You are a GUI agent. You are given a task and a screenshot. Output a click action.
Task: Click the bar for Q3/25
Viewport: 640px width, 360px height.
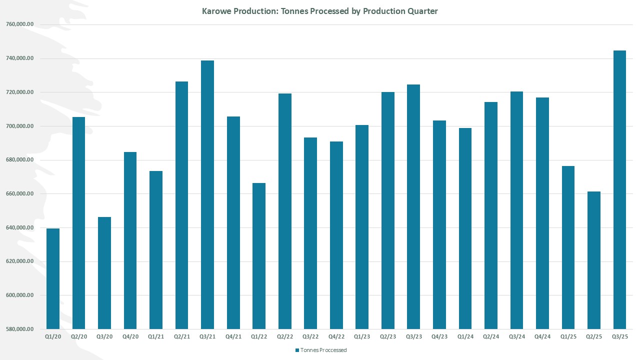(x=619, y=190)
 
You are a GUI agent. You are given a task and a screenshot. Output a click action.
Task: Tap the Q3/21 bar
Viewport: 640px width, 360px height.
(x=207, y=195)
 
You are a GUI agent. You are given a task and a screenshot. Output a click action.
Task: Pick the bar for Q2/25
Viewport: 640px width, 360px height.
(x=594, y=260)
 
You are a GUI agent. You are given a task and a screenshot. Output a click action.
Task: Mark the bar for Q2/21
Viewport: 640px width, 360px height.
(x=181, y=205)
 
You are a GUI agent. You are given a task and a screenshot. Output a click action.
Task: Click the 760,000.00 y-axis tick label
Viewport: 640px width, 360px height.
(x=20, y=24)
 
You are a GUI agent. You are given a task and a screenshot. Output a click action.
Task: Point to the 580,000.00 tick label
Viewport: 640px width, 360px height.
(x=20, y=329)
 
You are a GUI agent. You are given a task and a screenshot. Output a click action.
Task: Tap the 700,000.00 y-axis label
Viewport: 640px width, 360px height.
(x=20, y=126)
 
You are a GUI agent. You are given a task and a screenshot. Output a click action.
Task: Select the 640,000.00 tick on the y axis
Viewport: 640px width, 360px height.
(x=20, y=227)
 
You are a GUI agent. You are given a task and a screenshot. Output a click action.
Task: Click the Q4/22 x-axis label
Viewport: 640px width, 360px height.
(x=336, y=337)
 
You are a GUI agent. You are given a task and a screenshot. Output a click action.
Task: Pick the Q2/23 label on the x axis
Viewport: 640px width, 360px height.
(x=388, y=337)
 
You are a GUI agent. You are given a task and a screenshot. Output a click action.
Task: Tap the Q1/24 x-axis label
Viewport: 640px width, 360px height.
(x=465, y=337)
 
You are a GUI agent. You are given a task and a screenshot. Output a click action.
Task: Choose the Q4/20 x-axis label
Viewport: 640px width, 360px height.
(x=130, y=337)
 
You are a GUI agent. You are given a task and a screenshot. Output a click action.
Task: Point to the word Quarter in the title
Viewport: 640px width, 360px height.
(x=422, y=11)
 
